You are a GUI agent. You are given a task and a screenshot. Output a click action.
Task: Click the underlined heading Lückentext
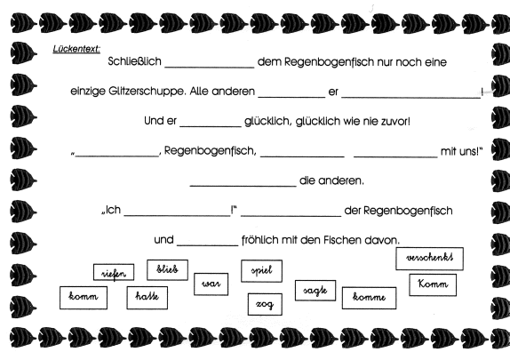pos(76,49)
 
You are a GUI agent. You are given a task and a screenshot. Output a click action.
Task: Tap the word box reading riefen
pos(114,272)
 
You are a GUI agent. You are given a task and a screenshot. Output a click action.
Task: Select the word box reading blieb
pos(167,270)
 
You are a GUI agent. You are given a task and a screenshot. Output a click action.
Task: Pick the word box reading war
pos(211,284)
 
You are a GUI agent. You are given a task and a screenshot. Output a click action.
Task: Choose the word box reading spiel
pos(261,271)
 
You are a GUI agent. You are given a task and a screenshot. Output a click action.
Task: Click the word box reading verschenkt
pos(429,259)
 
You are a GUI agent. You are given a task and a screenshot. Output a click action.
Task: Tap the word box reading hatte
pos(147,298)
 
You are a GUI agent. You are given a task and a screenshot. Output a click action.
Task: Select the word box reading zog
pos(265,304)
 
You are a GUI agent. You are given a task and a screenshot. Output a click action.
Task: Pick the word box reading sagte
pos(315,291)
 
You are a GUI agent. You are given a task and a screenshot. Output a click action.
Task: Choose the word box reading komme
pos(369,298)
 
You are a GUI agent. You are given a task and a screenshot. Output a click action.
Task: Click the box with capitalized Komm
pos(433,284)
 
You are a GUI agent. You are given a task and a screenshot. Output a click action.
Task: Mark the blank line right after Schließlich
pos(210,68)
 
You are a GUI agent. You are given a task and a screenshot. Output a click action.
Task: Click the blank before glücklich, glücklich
pos(211,126)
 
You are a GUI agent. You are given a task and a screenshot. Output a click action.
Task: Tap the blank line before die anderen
pos(243,186)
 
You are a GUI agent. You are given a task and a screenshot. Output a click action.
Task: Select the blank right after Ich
pos(178,215)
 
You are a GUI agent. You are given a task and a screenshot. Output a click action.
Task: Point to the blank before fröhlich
pos(208,245)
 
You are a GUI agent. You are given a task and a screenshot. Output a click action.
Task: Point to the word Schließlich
pos(135,61)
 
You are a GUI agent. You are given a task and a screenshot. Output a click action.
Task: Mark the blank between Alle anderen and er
pos(291,97)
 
